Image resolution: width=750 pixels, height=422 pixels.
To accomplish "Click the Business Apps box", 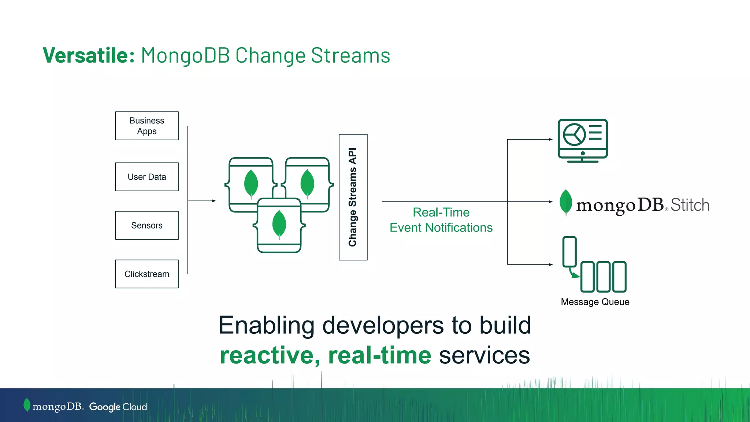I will tap(147, 126).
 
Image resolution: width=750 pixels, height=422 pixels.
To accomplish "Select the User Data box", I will tap(147, 177).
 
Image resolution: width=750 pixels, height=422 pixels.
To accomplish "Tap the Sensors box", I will tap(147, 225).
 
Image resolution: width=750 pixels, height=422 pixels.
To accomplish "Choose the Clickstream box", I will tap(147, 274).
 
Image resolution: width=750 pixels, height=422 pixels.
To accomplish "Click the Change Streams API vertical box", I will tap(353, 197).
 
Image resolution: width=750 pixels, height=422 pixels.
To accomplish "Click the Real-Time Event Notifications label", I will tap(441, 220).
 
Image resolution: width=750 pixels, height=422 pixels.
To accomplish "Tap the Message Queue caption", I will tap(595, 302).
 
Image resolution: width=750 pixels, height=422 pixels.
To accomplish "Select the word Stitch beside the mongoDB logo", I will tap(690, 205).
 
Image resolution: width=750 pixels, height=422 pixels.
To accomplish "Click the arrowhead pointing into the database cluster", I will tap(214, 201).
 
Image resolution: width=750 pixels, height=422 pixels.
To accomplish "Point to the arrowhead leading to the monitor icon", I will tap(551, 140).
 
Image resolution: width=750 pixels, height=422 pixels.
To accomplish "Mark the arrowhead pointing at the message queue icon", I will tap(551, 264).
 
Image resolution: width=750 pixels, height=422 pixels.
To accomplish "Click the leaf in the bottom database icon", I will tap(279, 223).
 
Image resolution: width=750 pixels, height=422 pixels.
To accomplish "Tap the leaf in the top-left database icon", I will tap(251, 183).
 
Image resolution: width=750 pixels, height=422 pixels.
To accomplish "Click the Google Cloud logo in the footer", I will tap(118, 407).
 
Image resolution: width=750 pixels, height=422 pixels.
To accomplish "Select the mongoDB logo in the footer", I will tap(53, 406).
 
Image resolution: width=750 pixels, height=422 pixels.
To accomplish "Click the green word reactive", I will tap(270, 355).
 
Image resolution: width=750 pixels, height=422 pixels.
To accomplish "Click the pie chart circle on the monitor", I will tap(574, 134).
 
